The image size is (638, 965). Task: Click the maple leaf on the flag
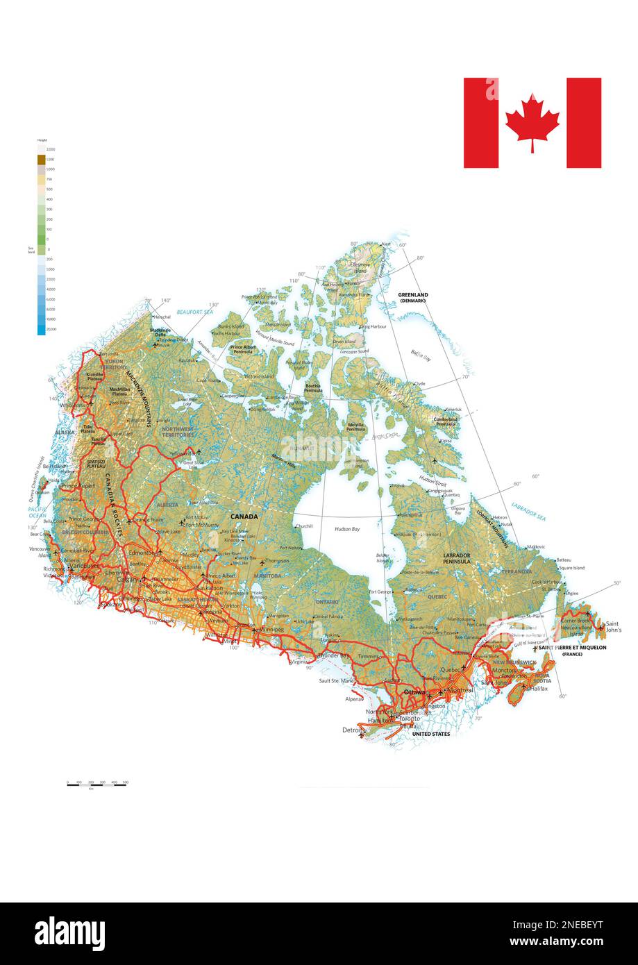(532, 121)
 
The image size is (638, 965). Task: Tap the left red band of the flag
(481, 123)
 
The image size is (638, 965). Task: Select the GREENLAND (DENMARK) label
(413, 297)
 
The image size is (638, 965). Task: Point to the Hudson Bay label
(347, 529)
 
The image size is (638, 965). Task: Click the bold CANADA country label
(244, 517)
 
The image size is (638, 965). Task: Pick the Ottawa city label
(414, 692)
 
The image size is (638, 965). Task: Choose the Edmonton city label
(142, 553)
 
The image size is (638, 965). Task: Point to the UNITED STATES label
(431, 734)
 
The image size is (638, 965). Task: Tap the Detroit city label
(353, 730)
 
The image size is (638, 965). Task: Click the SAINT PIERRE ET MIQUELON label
(572, 648)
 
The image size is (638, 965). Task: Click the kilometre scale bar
(97, 783)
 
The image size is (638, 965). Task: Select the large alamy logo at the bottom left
(70, 932)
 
